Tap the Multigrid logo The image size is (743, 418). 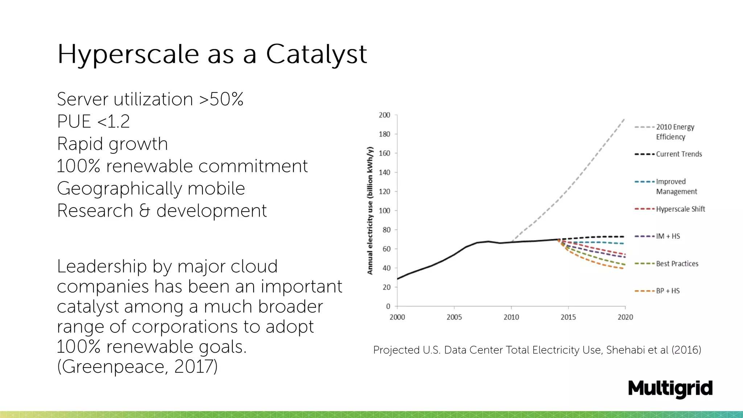pos(670,389)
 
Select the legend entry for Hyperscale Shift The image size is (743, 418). pos(680,209)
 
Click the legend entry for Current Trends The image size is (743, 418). pos(678,154)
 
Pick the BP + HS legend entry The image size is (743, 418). pos(668,291)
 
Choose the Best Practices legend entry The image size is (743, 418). pos(677,264)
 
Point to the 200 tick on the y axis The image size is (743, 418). pos(384,115)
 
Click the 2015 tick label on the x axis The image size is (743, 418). pos(568,317)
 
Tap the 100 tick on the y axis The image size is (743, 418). pos(384,211)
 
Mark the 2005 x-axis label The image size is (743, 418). pos(454,317)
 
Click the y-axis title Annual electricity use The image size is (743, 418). pos(370,210)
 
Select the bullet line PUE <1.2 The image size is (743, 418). pos(93,122)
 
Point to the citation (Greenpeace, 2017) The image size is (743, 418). pos(137,367)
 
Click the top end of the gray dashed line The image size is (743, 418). pos(624,119)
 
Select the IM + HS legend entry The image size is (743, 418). pos(668,236)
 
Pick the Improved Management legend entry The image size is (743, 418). pos(676,187)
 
